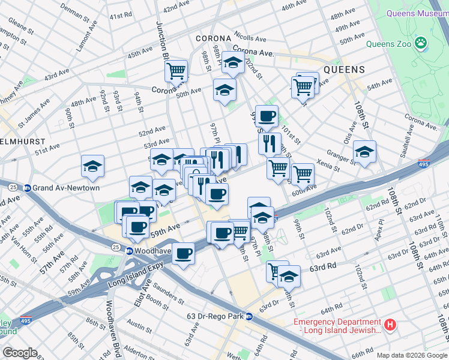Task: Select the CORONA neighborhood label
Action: point(217,38)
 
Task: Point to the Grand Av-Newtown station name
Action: point(66,188)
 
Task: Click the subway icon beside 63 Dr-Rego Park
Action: point(249,316)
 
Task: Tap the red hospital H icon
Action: point(390,326)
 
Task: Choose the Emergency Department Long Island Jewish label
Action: point(337,326)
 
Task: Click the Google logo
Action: point(19,353)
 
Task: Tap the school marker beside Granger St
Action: point(364,152)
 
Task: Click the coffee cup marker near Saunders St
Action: point(183,253)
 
